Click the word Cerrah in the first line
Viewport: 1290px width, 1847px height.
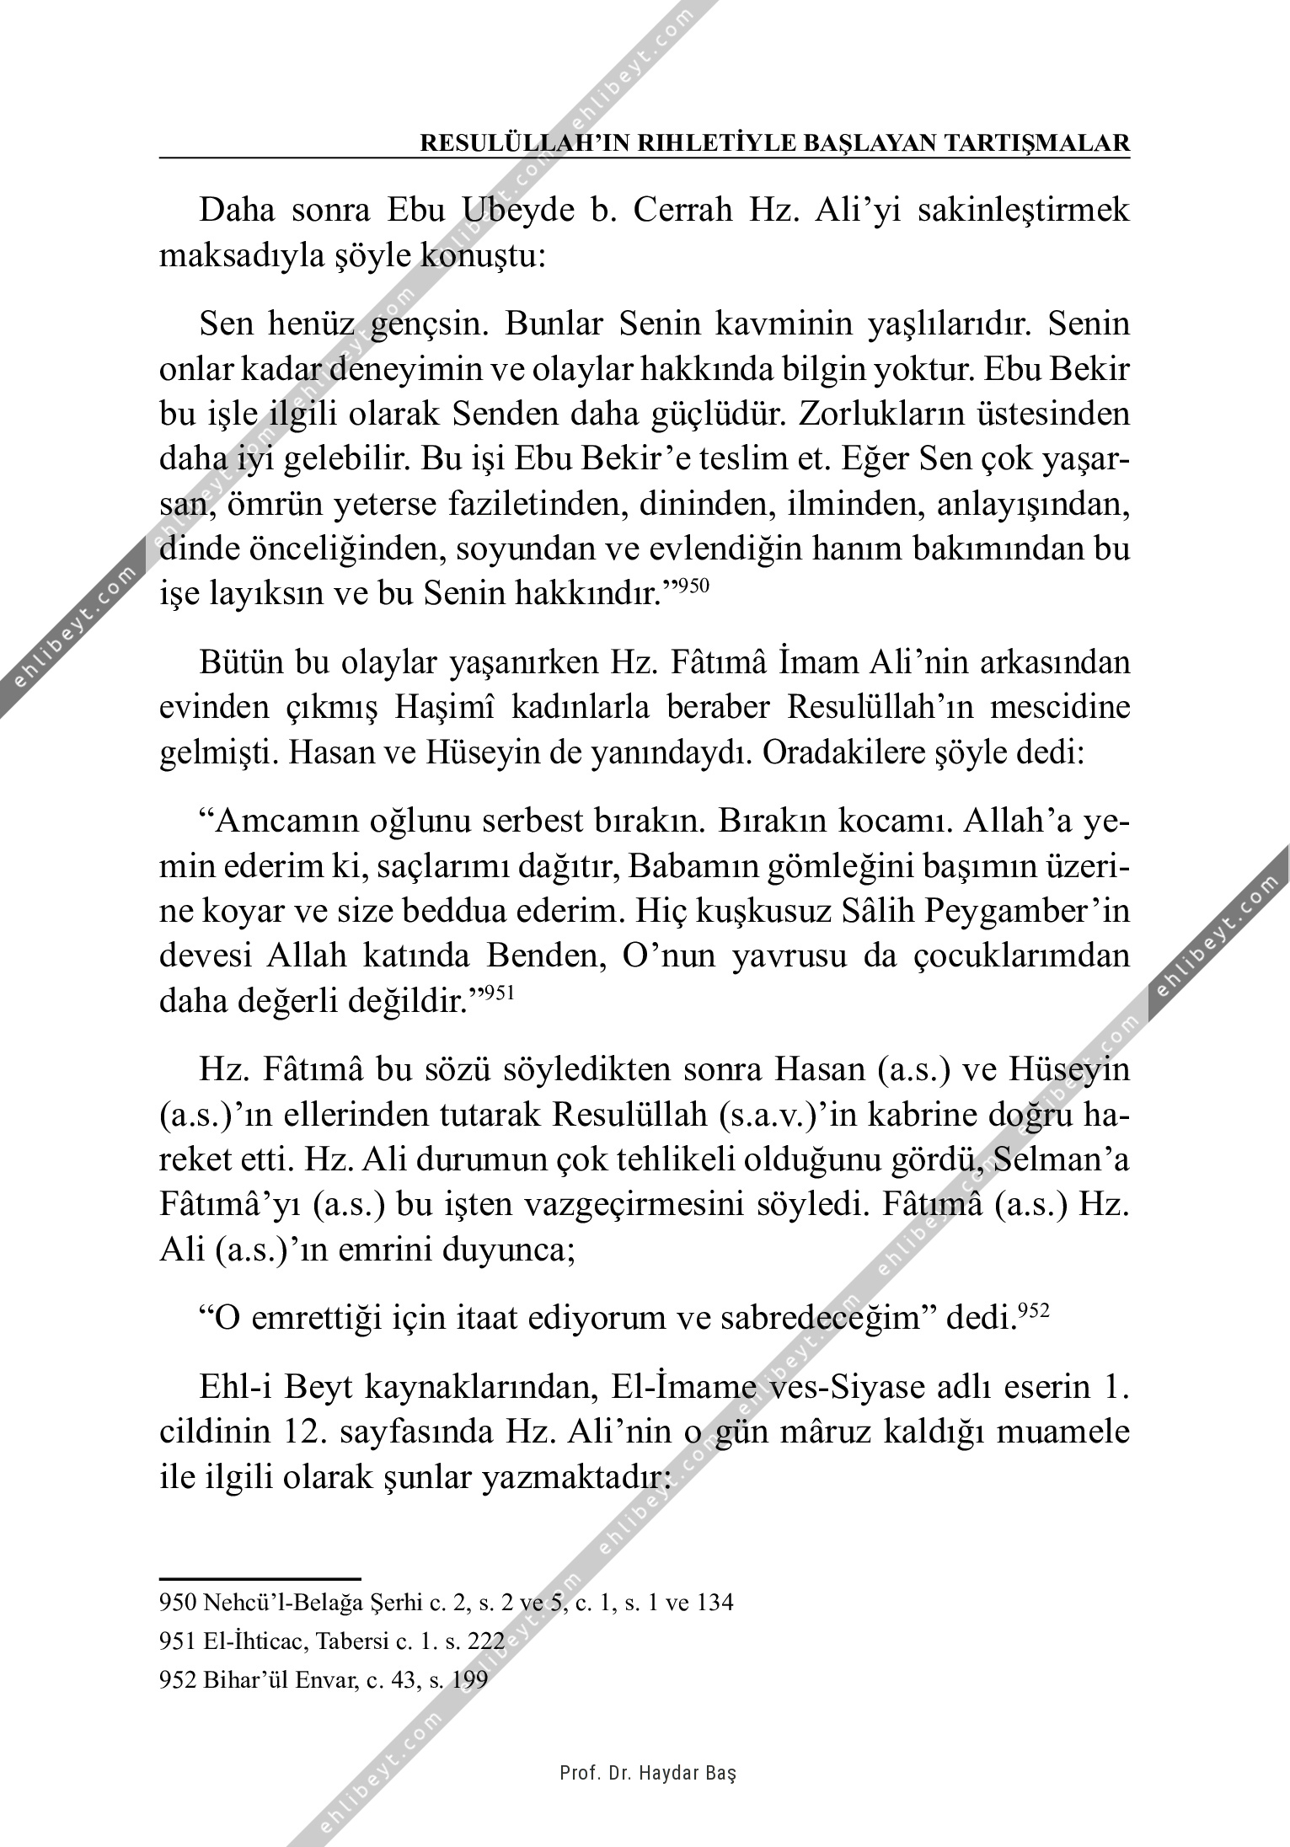pyautogui.click(x=684, y=211)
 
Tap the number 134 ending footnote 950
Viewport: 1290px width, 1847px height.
pyautogui.click(x=715, y=1602)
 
